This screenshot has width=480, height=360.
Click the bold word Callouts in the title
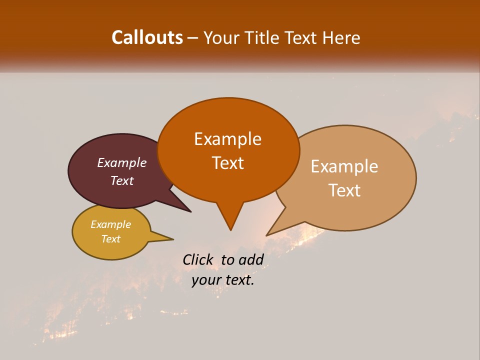(x=147, y=37)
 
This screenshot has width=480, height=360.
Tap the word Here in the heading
(x=341, y=37)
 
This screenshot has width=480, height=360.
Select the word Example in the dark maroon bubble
(x=122, y=162)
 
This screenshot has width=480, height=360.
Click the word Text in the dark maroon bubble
(x=122, y=180)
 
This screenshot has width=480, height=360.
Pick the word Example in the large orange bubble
(x=227, y=139)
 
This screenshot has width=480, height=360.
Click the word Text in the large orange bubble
(x=227, y=163)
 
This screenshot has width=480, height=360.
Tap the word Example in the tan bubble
(x=344, y=166)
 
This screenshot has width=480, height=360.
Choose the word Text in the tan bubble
(x=344, y=190)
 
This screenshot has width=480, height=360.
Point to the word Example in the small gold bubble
(x=110, y=224)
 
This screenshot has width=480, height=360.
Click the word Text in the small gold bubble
(x=110, y=239)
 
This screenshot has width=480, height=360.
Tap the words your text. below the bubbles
(x=223, y=280)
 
